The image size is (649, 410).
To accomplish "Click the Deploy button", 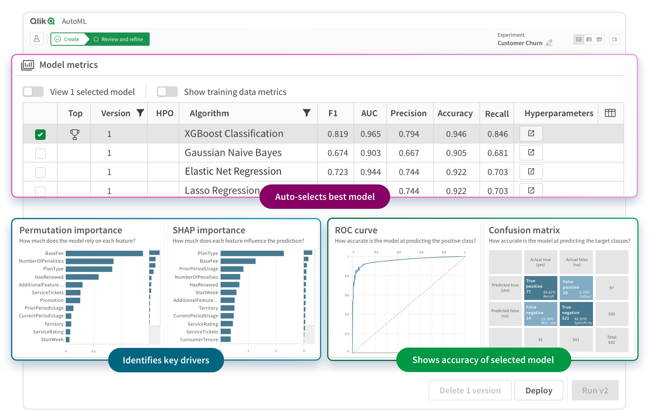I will coord(539,390).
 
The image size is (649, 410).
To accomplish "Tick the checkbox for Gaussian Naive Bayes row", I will coord(40,153).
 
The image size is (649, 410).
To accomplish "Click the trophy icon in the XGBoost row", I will coord(74,134).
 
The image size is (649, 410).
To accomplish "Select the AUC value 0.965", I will coord(370,134).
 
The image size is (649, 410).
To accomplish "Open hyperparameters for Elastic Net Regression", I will coord(531,172).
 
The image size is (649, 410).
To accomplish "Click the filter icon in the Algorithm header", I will coord(306,113).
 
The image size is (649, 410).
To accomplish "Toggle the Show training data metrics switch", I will coord(167,92).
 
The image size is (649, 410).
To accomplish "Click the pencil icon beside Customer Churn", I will coord(549,43).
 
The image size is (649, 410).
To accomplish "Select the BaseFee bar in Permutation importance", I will coord(104,253).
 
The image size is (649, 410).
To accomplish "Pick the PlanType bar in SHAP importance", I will coord(252,253).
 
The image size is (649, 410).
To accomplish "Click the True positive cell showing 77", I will coord(540,288).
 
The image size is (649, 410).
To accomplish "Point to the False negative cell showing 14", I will coord(540,314).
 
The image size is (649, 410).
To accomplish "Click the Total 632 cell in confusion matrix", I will coord(611,340).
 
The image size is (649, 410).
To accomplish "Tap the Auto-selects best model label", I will coord(324,197).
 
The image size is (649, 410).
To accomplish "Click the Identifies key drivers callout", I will coord(166,360).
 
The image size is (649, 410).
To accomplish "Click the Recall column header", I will coord(496,114).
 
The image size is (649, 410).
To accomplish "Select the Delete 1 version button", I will coord(470,390).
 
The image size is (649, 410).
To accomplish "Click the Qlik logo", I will coord(42,21).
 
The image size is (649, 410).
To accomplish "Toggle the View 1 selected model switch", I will coord(33,92).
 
